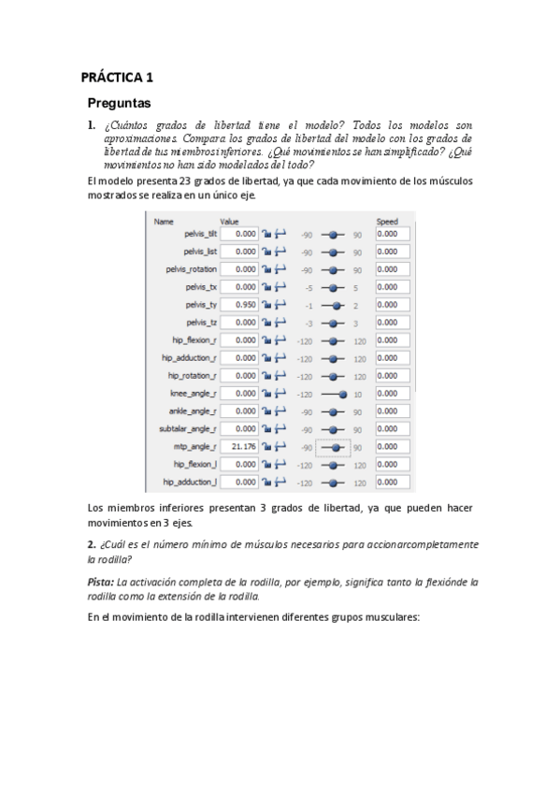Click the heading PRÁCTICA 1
click(118, 79)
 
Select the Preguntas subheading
click(119, 103)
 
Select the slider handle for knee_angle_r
click(343, 394)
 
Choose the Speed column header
click(386, 222)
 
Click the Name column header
click(164, 222)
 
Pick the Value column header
click(230, 222)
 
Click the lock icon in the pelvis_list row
click(266, 252)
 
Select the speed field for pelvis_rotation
click(393, 269)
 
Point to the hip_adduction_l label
click(190, 483)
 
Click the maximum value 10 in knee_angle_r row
click(357, 394)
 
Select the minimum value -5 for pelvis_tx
click(306, 287)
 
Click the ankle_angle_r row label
click(194, 411)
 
